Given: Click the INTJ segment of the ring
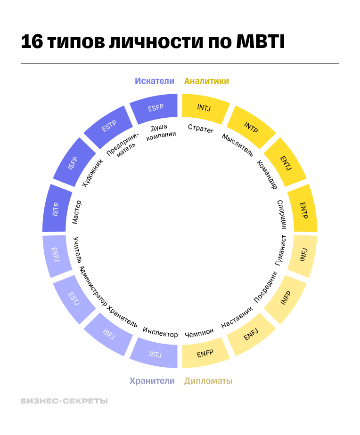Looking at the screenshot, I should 204,108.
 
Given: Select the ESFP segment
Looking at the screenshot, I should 155,108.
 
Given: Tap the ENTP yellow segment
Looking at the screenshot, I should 303,210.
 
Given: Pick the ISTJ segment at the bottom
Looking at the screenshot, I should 155,354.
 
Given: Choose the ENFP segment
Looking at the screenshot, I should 205,354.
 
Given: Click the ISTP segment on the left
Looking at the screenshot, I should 56,209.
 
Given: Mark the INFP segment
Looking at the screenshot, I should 286,298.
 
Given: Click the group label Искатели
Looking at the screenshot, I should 155,81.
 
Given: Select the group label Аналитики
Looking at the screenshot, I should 206,81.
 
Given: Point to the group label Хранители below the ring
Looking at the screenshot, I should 152,380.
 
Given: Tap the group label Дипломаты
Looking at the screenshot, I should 208,380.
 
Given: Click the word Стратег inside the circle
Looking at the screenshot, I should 201,128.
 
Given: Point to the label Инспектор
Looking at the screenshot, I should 160,332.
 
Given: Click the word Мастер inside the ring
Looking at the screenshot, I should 77,212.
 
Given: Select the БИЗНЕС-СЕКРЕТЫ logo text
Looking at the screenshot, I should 64,401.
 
